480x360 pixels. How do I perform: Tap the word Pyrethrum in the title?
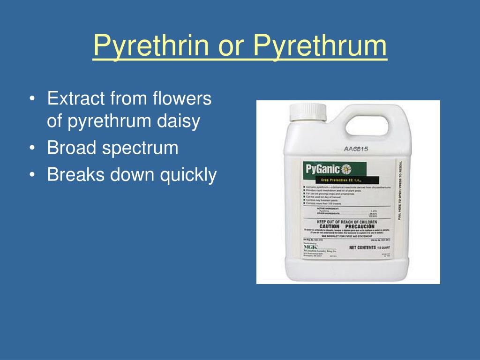(321, 46)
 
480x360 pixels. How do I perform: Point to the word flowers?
(182, 99)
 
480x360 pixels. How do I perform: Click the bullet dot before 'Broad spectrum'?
(31, 148)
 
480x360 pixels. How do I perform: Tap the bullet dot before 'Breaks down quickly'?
(31, 175)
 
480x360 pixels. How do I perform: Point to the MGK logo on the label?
(311, 247)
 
